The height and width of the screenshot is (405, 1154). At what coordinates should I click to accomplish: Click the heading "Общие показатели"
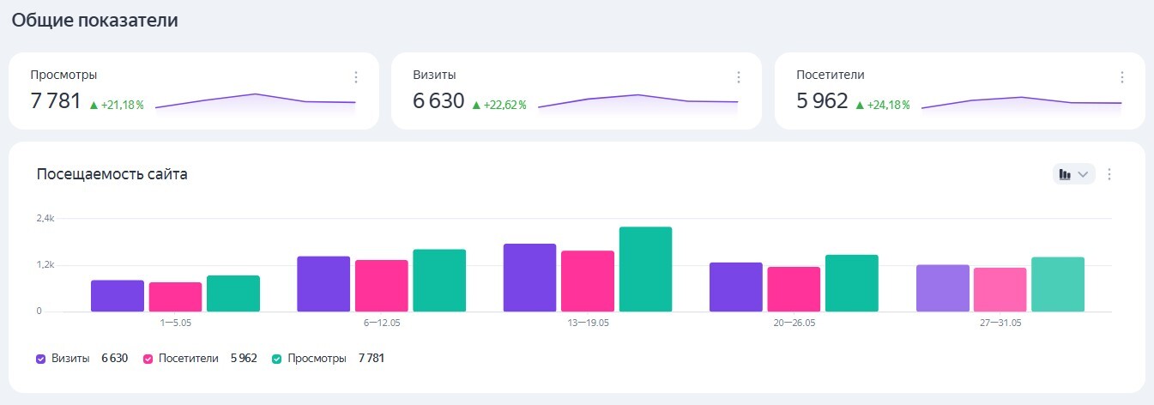tap(94, 21)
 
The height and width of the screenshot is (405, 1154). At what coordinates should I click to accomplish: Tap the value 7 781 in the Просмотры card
tap(56, 101)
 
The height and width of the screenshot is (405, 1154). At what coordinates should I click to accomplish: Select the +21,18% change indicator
tap(117, 105)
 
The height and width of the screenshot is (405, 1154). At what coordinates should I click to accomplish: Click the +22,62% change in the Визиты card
tap(499, 105)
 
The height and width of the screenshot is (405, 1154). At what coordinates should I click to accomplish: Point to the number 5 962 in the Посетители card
tap(822, 101)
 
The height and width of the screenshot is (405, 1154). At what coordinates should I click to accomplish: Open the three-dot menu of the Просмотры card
tap(356, 77)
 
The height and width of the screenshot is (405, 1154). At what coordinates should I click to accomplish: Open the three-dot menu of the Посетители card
tap(1121, 77)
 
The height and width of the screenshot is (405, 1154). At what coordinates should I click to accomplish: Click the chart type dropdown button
tap(1073, 174)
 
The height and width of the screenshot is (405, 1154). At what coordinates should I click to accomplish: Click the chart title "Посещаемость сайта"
tap(112, 174)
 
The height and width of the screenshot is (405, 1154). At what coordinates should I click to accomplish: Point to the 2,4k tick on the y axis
tap(45, 218)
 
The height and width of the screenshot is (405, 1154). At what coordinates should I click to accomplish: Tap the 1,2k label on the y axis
tap(45, 264)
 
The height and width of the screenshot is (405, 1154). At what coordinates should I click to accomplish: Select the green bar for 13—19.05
tap(645, 269)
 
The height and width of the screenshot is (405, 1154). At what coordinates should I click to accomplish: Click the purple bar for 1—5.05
tap(118, 295)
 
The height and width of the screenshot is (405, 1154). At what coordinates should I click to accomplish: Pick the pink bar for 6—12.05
tap(382, 285)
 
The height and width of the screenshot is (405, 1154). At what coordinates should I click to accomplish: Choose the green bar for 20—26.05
tap(852, 282)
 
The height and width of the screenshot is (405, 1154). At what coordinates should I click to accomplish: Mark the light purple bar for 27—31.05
tap(943, 287)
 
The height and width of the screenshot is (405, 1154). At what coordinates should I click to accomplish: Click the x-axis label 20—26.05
tap(795, 323)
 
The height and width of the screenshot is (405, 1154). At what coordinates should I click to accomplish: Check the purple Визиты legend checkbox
tap(41, 359)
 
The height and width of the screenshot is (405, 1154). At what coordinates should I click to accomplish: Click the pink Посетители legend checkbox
tap(148, 359)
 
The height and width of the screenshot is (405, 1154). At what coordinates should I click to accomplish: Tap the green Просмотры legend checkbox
tap(277, 359)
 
